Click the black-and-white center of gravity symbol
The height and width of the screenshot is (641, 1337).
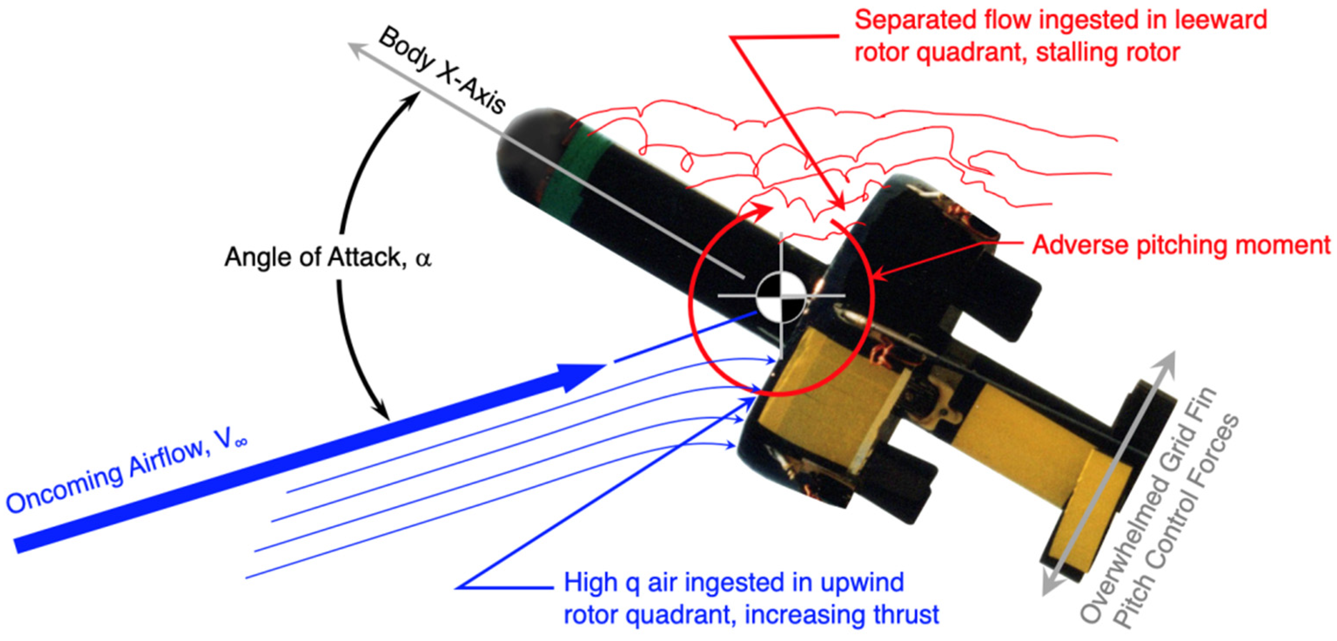[781, 297]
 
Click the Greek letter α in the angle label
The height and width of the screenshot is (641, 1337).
[423, 258]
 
